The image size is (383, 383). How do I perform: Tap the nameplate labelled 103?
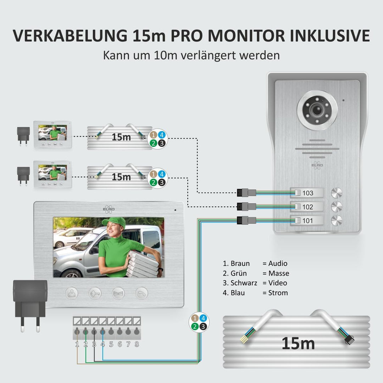pyautogui.click(x=307, y=193)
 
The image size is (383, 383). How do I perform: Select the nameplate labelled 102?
pyautogui.click(x=307, y=207)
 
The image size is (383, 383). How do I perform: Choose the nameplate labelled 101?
pyautogui.click(x=307, y=220)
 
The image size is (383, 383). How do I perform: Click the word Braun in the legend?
pyautogui.click(x=240, y=263)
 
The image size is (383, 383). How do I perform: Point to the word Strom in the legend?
pyautogui.click(x=278, y=293)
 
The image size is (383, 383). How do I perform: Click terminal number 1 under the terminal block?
pyautogui.click(x=77, y=344)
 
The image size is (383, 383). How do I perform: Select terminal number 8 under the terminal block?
pyautogui.click(x=137, y=344)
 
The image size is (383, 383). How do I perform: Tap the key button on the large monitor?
pyautogui.click(x=95, y=293)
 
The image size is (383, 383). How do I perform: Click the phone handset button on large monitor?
pyautogui.click(x=141, y=293)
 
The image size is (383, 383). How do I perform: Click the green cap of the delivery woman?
pyautogui.click(x=114, y=223)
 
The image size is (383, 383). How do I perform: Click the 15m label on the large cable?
pyautogui.click(x=298, y=343)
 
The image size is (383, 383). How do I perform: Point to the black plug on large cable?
pyautogui.click(x=349, y=339)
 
